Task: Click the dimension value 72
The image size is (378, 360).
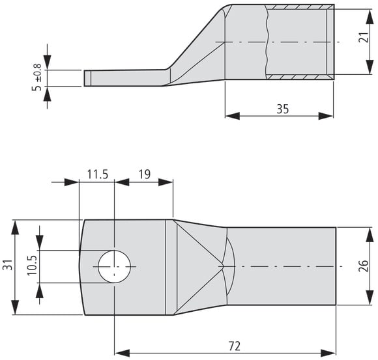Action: pyautogui.click(x=235, y=346)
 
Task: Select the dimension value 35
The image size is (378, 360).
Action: pyautogui.click(x=283, y=109)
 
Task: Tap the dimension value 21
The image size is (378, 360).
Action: pyautogui.click(x=364, y=37)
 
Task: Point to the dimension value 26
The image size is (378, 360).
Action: pyautogui.click(x=364, y=266)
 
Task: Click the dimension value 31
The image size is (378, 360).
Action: pyautogui.click(x=8, y=265)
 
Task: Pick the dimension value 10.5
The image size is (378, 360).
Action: pyautogui.click(x=32, y=266)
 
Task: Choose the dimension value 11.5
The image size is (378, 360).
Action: pyautogui.click(x=98, y=174)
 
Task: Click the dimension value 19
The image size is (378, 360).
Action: pyautogui.click(x=145, y=174)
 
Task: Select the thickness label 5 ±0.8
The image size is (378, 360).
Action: pyautogui.click(x=36, y=77)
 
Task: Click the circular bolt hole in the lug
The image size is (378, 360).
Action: pyautogui.click(x=115, y=266)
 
